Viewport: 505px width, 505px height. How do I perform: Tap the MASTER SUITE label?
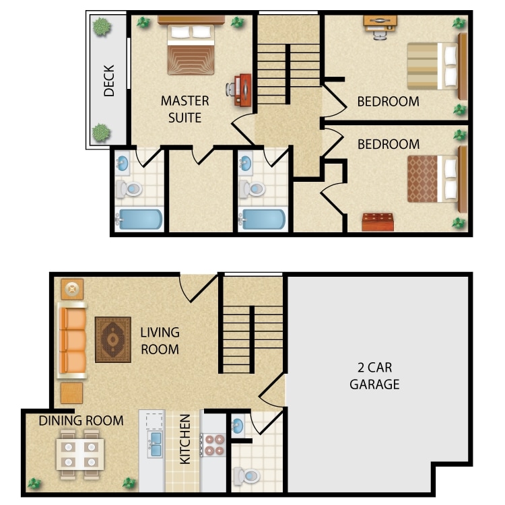[x=184, y=109]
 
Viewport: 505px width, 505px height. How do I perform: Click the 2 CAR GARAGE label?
[x=374, y=376]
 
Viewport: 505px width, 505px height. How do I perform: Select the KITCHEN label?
[x=185, y=439]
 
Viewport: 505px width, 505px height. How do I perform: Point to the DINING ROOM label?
[x=81, y=421]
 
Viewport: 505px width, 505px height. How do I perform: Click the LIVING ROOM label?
[x=160, y=341]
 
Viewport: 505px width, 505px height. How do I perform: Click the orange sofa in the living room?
[x=72, y=340]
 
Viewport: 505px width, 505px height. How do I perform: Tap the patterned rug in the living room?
[x=113, y=339]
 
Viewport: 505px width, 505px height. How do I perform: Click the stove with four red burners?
[x=214, y=445]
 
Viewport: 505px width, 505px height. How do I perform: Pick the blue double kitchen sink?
[x=155, y=444]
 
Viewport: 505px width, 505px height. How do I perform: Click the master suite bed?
[x=191, y=48]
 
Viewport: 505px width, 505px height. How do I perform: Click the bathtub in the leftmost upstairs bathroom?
[x=139, y=220]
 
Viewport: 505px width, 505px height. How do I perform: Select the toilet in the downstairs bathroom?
[x=247, y=475]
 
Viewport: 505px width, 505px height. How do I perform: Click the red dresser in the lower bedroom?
[x=378, y=222]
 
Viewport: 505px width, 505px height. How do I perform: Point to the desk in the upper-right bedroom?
[x=380, y=24]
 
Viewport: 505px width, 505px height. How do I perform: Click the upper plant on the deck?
[x=102, y=27]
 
